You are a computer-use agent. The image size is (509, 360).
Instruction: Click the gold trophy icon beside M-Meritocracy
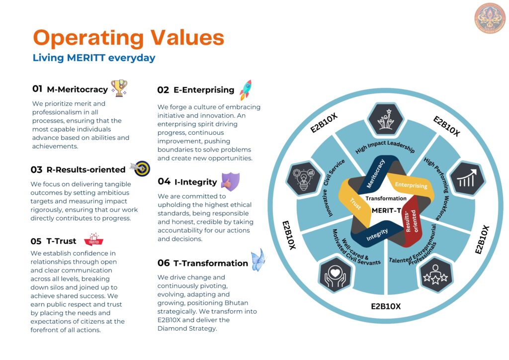click(x=119, y=88)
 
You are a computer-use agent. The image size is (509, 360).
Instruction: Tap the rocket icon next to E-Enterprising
click(x=246, y=90)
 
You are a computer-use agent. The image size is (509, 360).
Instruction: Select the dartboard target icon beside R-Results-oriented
click(x=141, y=168)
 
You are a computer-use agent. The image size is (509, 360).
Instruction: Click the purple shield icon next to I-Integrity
click(x=231, y=181)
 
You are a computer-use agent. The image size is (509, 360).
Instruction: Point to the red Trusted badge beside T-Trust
click(x=93, y=240)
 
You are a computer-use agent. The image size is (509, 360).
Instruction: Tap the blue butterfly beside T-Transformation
click(x=258, y=260)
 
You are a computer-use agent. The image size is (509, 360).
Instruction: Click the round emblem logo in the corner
click(x=490, y=18)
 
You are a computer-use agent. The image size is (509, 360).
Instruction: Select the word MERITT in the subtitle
click(x=86, y=58)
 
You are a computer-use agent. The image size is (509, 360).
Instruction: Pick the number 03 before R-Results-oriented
click(x=36, y=170)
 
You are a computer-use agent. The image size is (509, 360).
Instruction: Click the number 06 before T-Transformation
click(x=164, y=263)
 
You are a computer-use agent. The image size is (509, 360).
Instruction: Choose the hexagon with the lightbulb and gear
click(x=304, y=178)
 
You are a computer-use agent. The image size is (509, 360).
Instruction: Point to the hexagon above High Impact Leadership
click(x=386, y=119)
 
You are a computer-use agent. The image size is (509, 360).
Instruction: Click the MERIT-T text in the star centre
click(x=386, y=210)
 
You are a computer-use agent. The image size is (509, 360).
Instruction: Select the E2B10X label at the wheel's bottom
click(x=386, y=306)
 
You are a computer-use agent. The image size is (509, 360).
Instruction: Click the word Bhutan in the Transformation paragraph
click(x=236, y=303)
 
